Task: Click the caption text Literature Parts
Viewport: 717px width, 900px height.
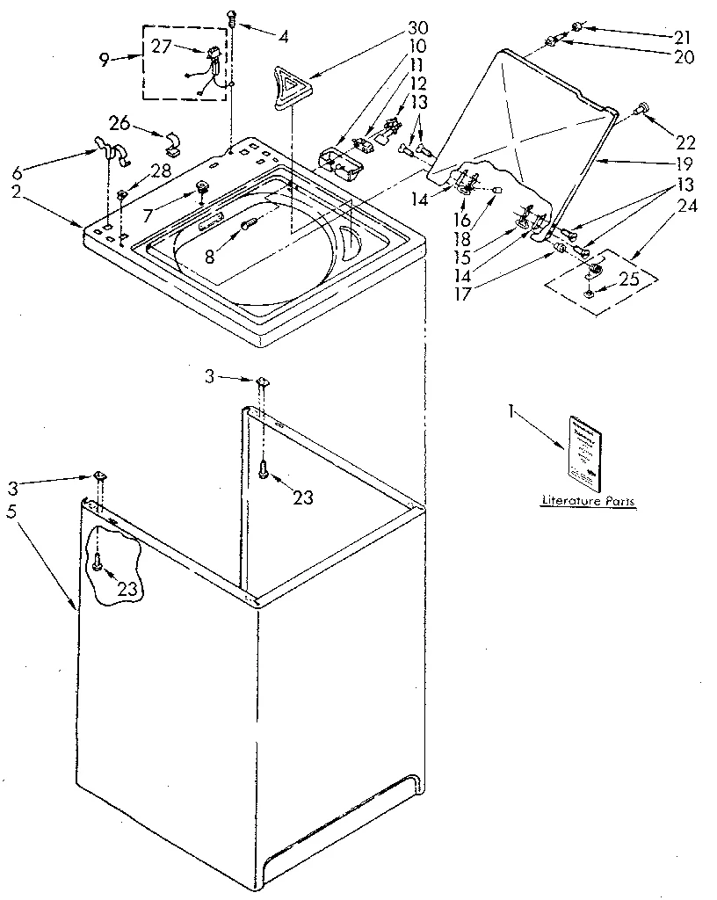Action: (588, 502)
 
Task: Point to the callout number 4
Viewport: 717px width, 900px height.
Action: (283, 36)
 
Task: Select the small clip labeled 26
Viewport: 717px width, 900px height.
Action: (172, 141)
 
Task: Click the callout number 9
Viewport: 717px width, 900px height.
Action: (105, 61)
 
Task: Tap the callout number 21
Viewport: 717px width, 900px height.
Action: (683, 38)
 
